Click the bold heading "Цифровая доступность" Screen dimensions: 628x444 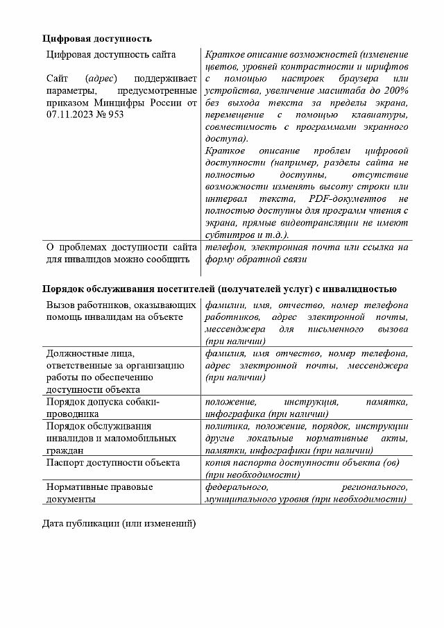96,38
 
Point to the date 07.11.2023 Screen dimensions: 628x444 72,114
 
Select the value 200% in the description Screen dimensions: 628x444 395,90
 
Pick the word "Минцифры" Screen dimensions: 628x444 130,103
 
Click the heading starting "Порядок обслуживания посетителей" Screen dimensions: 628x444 219,289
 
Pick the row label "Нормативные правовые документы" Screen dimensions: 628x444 99,493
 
